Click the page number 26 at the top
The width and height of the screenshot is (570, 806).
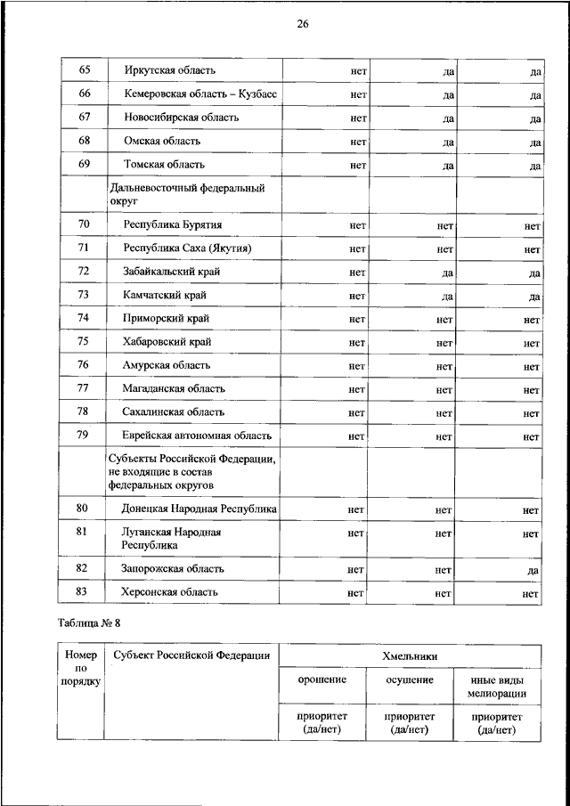pyautogui.click(x=302, y=24)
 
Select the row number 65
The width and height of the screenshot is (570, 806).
pyautogui.click(x=85, y=69)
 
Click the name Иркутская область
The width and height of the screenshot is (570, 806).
pyautogui.click(x=171, y=69)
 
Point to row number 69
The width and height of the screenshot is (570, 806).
pyautogui.click(x=85, y=164)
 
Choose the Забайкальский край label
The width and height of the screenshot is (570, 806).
pyautogui.click(x=172, y=271)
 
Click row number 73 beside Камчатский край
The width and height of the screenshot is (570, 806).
pyautogui.click(x=85, y=295)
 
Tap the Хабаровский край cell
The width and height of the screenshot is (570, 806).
pyautogui.click(x=168, y=342)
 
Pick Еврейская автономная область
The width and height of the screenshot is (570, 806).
pyautogui.click(x=197, y=436)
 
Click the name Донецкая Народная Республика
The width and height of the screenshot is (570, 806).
pyautogui.click(x=199, y=509)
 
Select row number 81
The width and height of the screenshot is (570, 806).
pyautogui.click(x=85, y=533)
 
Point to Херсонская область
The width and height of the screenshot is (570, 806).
pyautogui.click(x=171, y=592)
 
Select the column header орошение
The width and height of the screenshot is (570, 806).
pyautogui.click(x=322, y=680)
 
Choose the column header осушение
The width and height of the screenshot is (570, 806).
pyautogui.click(x=410, y=680)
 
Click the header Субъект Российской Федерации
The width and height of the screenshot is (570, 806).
pyautogui.click(x=191, y=656)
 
